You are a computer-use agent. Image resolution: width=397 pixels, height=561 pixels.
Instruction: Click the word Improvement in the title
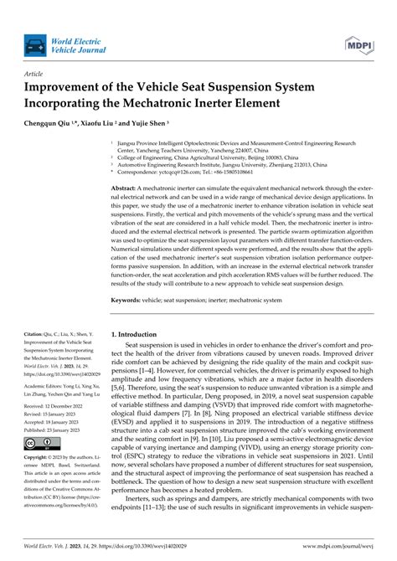pyautogui.click(x=70, y=87)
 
